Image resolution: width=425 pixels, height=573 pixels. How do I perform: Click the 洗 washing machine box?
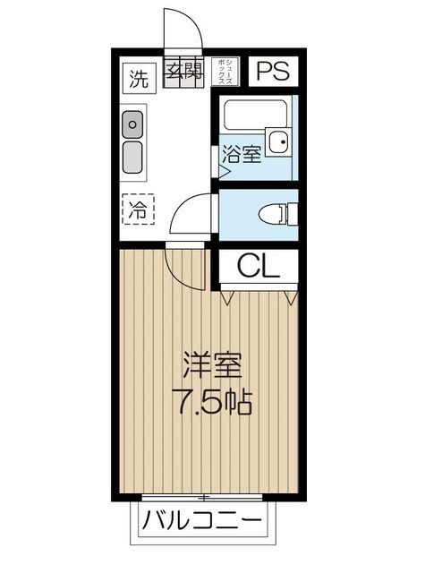click(137, 76)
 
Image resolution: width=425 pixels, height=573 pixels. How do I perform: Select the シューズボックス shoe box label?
click(229, 71)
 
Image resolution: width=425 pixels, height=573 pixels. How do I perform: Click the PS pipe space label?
click(274, 72)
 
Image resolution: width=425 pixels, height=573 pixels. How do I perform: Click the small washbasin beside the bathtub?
click(281, 141)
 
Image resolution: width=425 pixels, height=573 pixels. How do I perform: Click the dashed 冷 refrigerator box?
click(137, 211)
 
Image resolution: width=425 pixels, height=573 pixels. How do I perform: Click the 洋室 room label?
click(212, 365)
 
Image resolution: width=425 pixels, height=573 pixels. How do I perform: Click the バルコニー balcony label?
click(202, 520)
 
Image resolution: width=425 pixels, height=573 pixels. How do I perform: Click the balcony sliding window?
click(204, 497)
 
